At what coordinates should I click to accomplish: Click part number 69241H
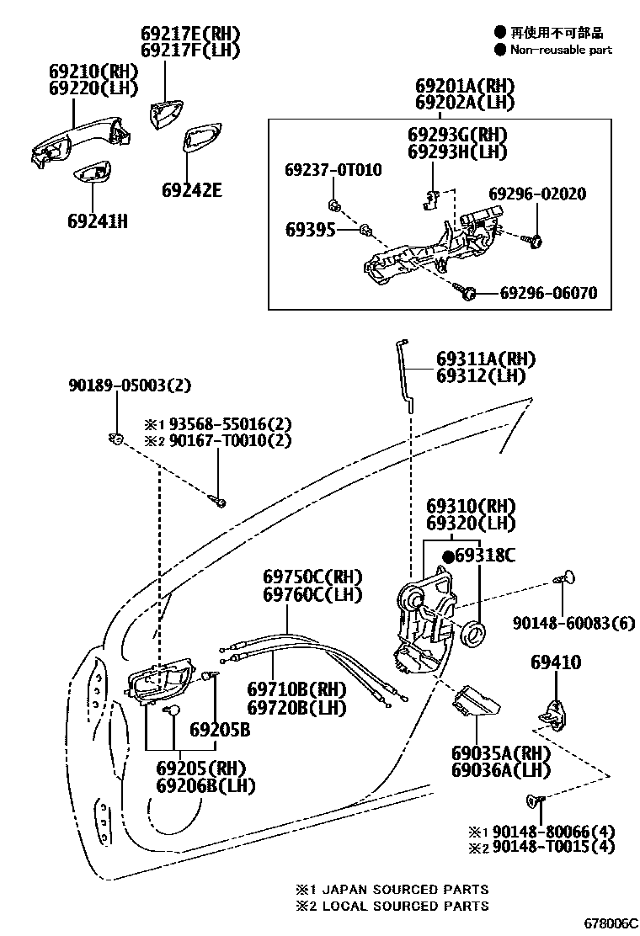click(x=97, y=221)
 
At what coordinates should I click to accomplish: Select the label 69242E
click(x=192, y=190)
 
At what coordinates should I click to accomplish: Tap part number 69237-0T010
click(x=333, y=170)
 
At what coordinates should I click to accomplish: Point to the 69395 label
click(x=310, y=230)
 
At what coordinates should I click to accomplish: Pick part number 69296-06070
click(x=548, y=293)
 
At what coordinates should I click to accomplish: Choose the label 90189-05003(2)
click(x=130, y=386)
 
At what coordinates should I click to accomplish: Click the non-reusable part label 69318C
click(x=485, y=556)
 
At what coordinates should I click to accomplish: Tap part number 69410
click(x=555, y=663)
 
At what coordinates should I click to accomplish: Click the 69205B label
click(x=219, y=730)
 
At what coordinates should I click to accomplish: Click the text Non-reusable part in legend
click(x=560, y=50)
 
